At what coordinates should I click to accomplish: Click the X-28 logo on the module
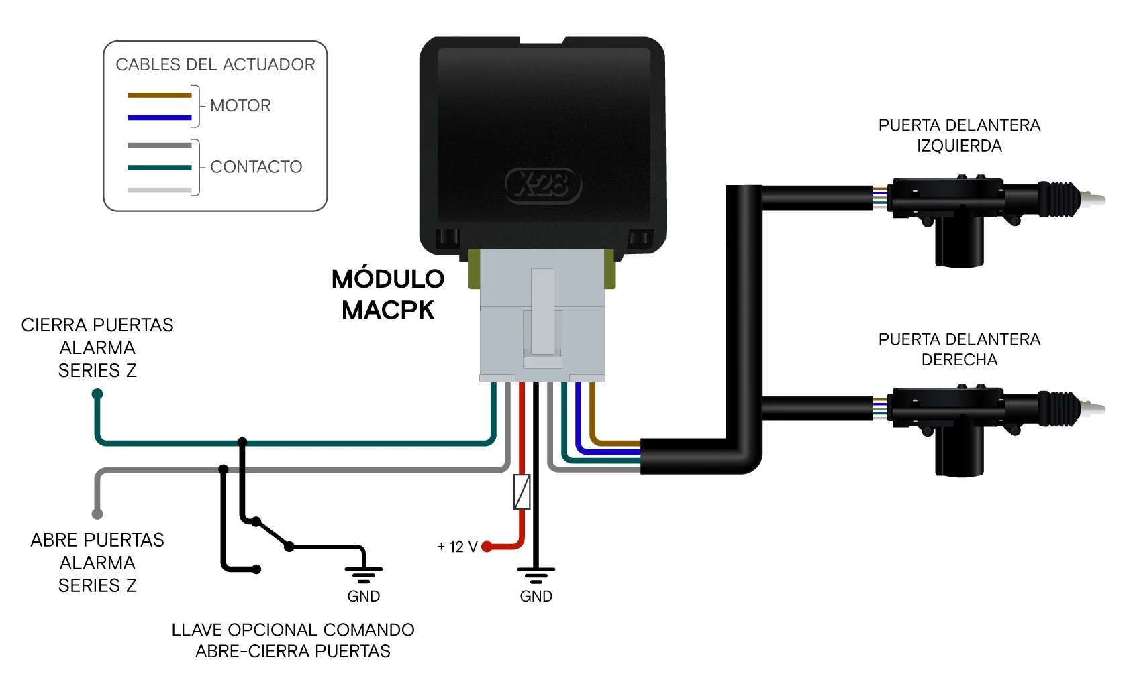click(543, 185)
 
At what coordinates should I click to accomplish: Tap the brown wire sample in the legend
click(160, 95)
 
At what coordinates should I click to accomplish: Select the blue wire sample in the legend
click(160, 117)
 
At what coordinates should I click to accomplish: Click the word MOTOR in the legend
click(241, 105)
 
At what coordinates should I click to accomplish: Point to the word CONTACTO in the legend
click(256, 166)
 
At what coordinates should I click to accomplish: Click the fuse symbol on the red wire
click(522, 492)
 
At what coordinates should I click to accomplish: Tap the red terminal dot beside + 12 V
click(487, 547)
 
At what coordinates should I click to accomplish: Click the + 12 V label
click(458, 547)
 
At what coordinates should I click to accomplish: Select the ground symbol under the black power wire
click(536, 575)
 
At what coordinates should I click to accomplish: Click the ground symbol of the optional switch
click(364, 575)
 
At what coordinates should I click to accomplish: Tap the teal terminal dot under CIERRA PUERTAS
click(97, 394)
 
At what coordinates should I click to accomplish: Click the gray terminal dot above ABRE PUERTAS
click(97, 514)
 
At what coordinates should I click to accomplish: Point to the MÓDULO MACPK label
click(388, 294)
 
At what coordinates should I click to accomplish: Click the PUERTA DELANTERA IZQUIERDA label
click(959, 135)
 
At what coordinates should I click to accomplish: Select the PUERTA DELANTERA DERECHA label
click(959, 349)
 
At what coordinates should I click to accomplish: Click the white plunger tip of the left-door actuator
click(1094, 199)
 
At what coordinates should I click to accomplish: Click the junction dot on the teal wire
click(242, 441)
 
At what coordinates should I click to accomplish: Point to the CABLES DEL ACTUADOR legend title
click(215, 64)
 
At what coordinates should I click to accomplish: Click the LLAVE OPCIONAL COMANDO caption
click(293, 630)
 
